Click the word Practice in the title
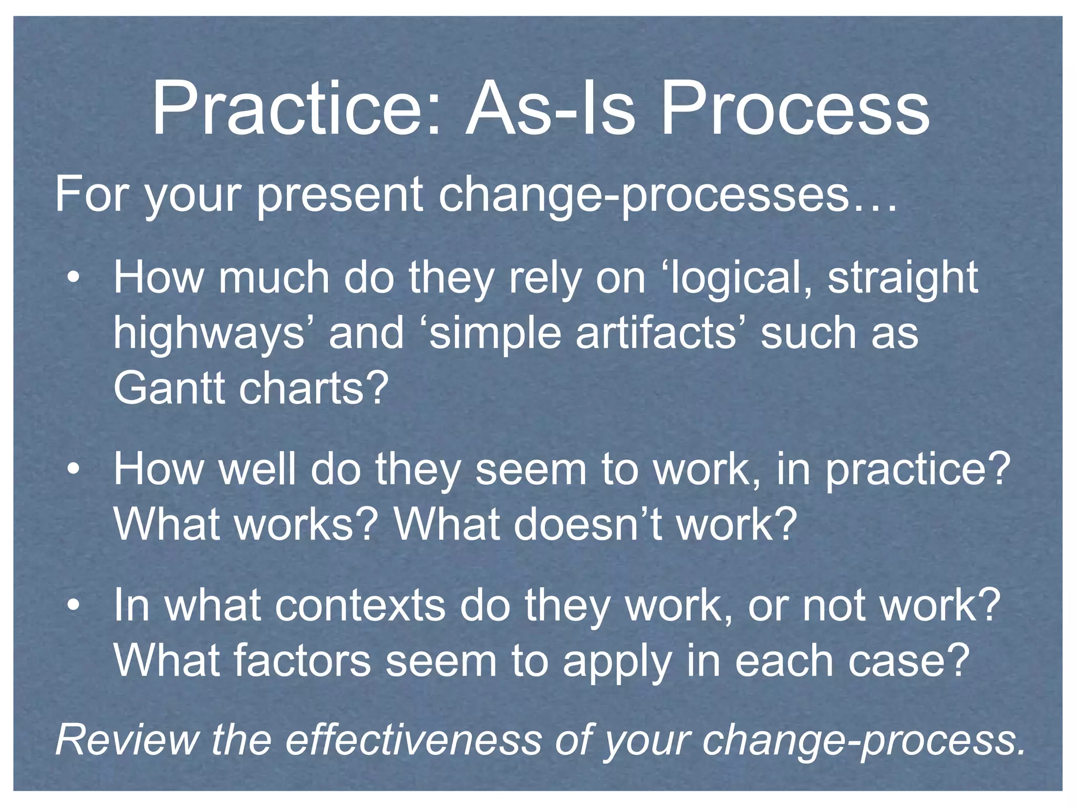(294, 110)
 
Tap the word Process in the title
(794, 110)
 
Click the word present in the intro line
(339, 195)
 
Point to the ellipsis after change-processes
(874, 208)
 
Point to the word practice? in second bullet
(917, 470)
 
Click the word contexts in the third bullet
(360, 605)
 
